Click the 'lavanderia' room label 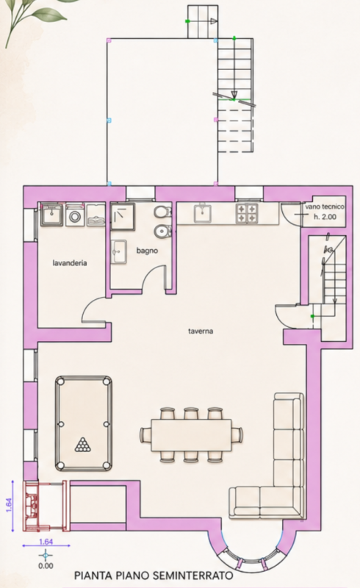(x=70, y=263)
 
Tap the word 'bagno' (x=147, y=251)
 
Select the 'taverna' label (x=201, y=331)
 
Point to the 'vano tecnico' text (x=325, y=207)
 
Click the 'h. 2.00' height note (x=325, y=216)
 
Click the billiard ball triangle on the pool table (x=83, y=445)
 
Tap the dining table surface (x=191, y=435)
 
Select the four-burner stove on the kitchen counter (x=247, y=213)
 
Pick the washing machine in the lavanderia (x=76, y=215)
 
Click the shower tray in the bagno (x=122, y=215)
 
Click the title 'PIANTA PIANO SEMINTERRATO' (x=154, y=576)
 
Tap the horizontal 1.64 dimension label (x=46, y=542)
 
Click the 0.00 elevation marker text (x=46, y=566)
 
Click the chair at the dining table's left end (x=145, y=435)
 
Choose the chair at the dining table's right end (x=237, y=435)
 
